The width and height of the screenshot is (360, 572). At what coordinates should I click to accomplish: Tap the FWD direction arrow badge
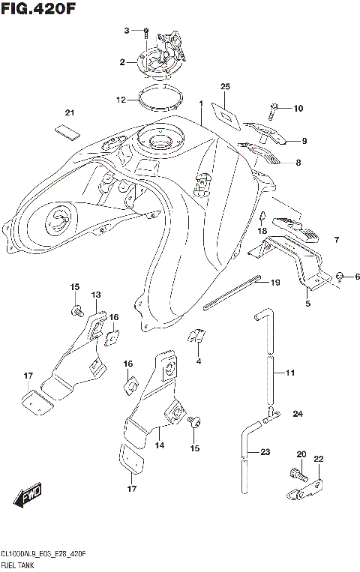(x=27, y=496)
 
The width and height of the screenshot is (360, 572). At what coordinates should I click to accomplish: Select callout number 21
(x=70, y=112)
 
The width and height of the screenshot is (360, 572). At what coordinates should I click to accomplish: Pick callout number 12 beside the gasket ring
(x=121, y=99)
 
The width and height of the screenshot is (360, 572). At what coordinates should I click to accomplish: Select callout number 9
(x=304, y=140)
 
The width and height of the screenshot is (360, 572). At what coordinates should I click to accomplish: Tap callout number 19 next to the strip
(x=274, y=283)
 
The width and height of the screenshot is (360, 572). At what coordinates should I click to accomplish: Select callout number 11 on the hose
(x=290, y=372)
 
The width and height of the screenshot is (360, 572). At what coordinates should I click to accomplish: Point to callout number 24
(x=298, y=414)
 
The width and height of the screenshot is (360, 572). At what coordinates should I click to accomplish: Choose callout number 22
(x=318, y=459)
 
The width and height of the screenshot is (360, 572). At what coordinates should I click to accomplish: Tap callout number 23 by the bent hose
(x=265, y=452)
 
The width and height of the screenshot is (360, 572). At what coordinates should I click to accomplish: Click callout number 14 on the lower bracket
(x=159, y=445)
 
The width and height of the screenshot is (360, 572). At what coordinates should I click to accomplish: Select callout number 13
(x=96, y=295)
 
